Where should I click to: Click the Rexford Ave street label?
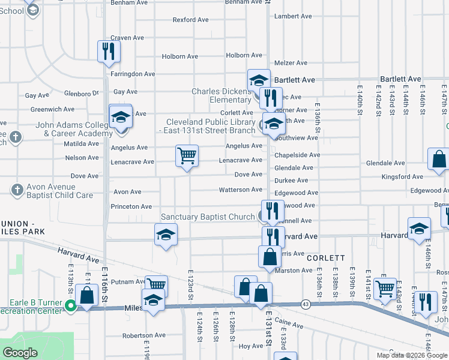[190, 20]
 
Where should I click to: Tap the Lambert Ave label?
[294, 16]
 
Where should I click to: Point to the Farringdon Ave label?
[133, 74]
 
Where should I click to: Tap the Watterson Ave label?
[240, 190]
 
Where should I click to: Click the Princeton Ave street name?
[131, 206]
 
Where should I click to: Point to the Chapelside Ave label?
[297, 155]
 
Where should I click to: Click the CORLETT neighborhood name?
[325, 257]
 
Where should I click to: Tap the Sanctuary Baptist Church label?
[208, 217]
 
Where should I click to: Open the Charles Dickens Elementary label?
[221, 95]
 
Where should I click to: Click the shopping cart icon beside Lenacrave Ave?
[187, 157]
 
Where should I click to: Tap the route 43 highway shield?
[306, 305]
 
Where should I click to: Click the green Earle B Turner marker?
[71, 306]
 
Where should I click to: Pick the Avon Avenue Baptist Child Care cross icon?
[16, 190]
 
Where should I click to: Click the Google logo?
[20, 353]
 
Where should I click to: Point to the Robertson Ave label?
[143, 335]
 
